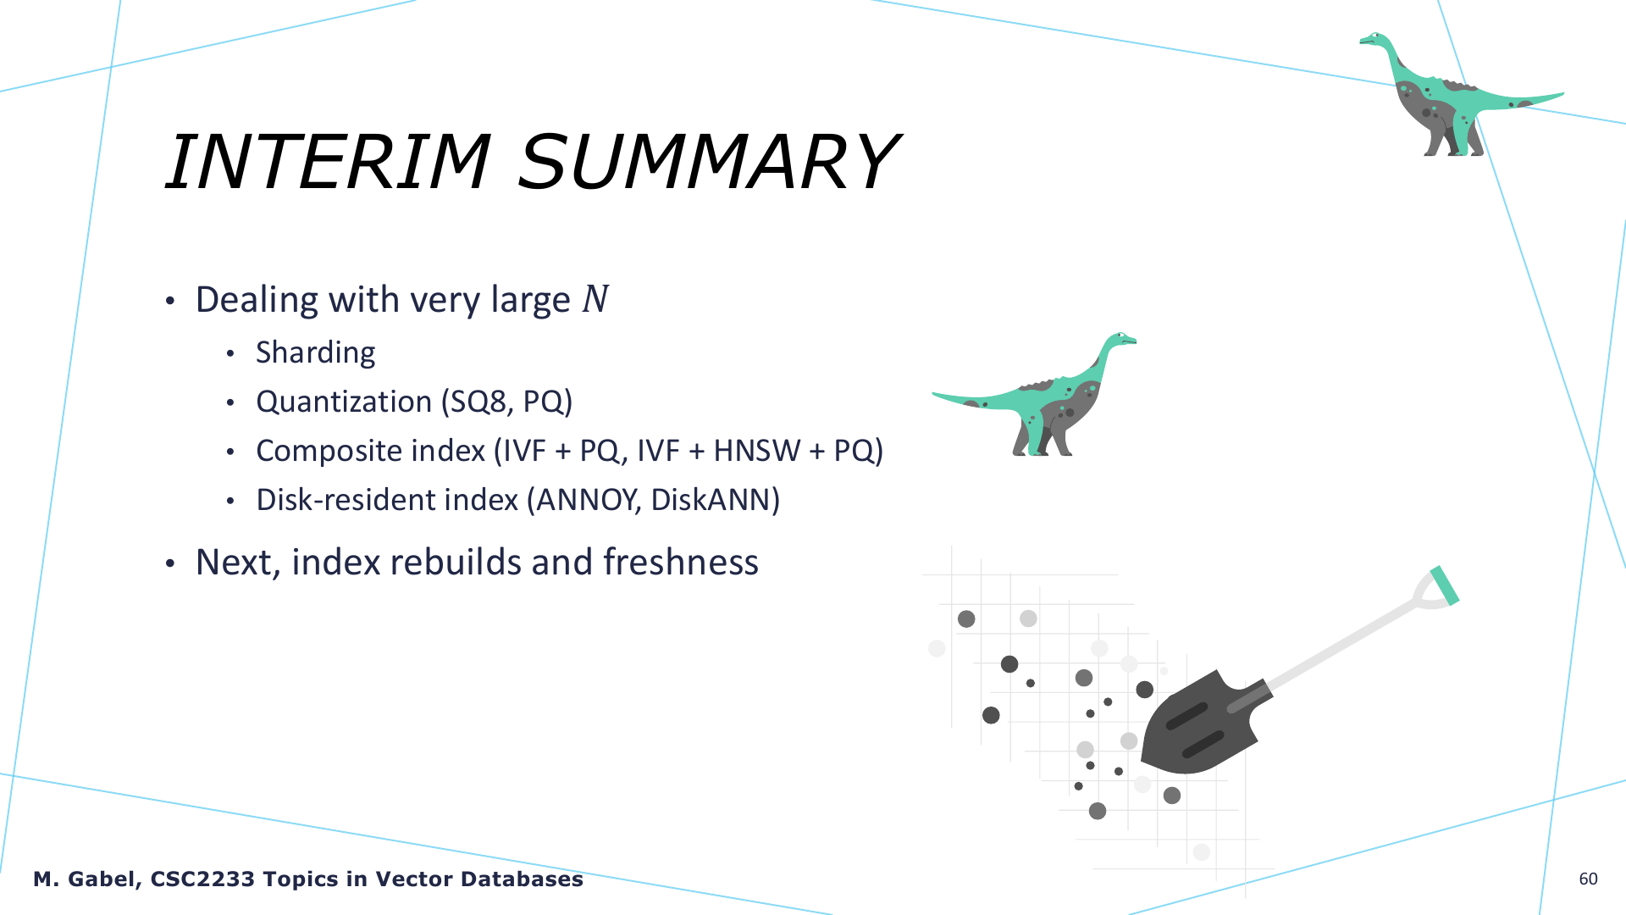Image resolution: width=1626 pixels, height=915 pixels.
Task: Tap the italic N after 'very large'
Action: (x=595, y=299)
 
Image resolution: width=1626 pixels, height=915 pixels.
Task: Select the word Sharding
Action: (x=316, y=352)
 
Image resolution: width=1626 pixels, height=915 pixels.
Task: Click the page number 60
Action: (x=1589, y=879)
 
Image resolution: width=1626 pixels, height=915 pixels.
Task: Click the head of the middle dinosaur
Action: (x=1121, y=339)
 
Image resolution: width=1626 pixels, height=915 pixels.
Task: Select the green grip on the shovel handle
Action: (x=1445, y=585)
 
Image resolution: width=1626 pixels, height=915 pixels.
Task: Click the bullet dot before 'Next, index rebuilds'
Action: (x=170, y=563)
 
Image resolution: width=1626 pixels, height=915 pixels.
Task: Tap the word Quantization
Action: (x=344, y=402)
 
